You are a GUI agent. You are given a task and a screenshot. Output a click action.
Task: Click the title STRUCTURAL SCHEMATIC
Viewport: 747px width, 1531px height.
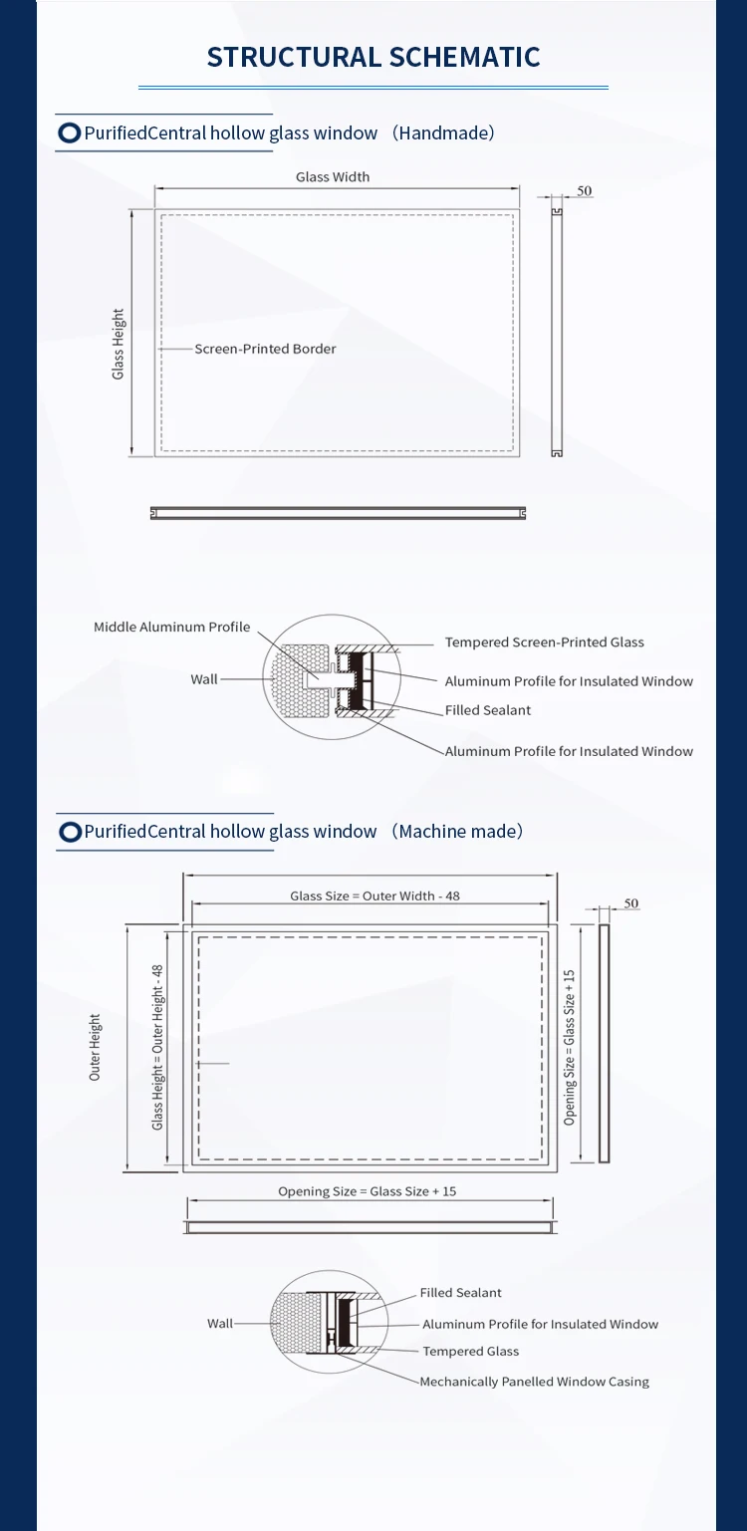tap(373, 57)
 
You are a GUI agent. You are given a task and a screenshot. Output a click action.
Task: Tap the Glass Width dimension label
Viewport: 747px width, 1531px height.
tap(333, 177)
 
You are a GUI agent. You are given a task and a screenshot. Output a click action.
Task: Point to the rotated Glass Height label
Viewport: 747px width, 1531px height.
tap(119, 344)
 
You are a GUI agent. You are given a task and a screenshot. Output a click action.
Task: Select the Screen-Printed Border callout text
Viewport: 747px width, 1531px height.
tap(265, 349)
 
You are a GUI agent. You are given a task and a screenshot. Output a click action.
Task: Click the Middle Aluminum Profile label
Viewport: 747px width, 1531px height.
tap(172, 628)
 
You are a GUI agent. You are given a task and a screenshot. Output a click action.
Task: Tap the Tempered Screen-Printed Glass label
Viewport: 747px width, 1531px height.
tap(544, 642)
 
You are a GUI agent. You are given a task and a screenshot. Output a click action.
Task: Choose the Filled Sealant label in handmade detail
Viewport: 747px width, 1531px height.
tap(488, 710)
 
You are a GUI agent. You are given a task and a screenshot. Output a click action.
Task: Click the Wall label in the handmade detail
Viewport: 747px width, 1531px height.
tap(204, 679)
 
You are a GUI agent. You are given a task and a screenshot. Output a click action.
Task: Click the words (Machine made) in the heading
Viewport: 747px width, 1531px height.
tap(457, 832)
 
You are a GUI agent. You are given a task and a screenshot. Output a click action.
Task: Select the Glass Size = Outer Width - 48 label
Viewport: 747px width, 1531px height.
tap(374, 896)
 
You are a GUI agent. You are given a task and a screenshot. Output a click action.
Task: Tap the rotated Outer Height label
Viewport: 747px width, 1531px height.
tap(96, 1047)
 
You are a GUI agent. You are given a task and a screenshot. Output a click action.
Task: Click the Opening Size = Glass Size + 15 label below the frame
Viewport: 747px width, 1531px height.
tap(368, 1191)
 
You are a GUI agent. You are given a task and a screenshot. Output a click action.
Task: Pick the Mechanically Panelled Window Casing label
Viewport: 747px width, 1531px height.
tap(534, 1382)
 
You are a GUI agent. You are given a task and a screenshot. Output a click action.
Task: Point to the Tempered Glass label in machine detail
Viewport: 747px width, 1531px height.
tap(471, 1352)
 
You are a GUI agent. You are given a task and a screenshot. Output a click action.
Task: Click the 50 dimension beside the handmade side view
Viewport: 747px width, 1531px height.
tap(585, 190)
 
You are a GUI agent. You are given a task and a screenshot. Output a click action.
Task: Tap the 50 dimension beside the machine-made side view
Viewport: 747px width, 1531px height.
tap(631, 903)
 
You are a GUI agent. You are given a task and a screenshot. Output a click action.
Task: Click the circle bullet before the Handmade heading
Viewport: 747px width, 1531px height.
tap(70, 133)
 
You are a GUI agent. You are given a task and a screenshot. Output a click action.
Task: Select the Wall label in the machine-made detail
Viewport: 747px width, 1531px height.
tap(220, 1324)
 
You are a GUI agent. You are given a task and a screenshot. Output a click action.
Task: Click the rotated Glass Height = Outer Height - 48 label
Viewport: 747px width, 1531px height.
tap(157, 1047)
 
